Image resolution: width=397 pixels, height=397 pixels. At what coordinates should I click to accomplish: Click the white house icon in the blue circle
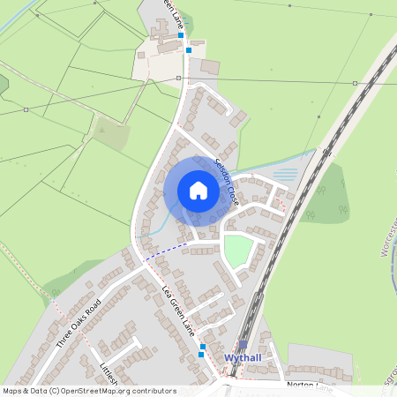pyautogui.click(x=198, y=191)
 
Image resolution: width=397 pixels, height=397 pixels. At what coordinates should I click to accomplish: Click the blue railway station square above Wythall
pyautogui.click(x=243, y=345)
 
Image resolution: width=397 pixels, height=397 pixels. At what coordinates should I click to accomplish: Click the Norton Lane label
pyautogui.click(x=310, y=386)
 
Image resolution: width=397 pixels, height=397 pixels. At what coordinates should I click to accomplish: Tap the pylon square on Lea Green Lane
pyautogui.click(x=179, y=79)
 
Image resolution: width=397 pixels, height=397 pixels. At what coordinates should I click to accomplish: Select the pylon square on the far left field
pyautogui.click(x=26, y=109)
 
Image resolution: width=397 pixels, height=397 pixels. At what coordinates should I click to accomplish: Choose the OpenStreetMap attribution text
pyautogui.click(x=89, y=390)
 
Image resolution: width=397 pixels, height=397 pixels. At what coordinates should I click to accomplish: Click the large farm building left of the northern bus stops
pyautogui.click(x=210, y=67)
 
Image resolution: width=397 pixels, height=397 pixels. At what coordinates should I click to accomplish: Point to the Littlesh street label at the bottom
pyautogui.click(x=108, y=374)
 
